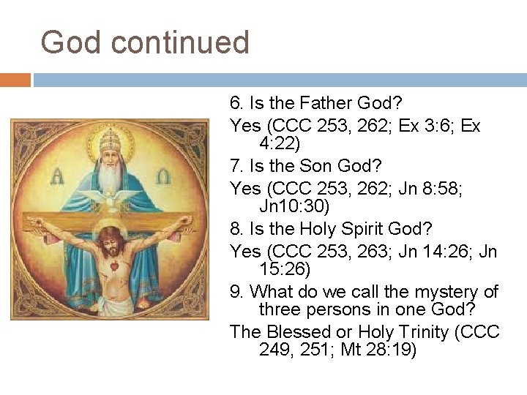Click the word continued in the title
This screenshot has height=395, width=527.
pyautogui.click(x=182, y=42)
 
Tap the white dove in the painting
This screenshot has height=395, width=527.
pyautogui.click(x=111, y=197)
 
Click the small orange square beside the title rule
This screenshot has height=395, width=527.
pyautogui.click(x=15, y=79)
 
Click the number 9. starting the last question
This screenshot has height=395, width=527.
pyautogui.click(x=236, y=292)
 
